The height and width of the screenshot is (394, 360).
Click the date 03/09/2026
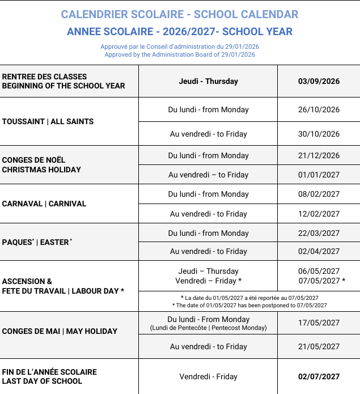[319, 81]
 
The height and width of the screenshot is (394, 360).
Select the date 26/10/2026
[319, 109]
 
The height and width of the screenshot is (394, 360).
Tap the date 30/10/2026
[319, 134]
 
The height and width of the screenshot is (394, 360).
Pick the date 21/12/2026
[319, 155]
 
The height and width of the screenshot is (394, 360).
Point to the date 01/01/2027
[319, 175]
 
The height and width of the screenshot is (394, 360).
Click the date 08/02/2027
[319, 194]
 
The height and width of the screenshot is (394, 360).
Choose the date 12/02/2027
[319, 214]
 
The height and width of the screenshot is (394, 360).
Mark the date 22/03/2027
[319, 233]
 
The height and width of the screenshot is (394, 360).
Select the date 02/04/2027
[319, 251]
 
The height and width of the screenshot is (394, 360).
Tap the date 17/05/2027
[319, 323]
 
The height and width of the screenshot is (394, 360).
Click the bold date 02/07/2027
[319, 376]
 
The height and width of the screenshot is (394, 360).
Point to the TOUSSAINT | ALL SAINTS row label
[48, 121]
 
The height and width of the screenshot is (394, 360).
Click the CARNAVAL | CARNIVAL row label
[44, 204]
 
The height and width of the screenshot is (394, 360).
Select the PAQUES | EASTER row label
[37, 242]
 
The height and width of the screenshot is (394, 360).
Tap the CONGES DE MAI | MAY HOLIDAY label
[60, 331]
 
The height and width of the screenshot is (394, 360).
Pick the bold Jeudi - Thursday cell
[208, 81]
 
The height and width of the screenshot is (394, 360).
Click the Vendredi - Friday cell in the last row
[208, 376]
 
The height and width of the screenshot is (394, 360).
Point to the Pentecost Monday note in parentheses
[208, 328]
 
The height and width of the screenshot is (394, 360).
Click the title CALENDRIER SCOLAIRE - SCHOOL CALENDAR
[180, 15]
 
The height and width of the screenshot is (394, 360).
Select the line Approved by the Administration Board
[180, 55]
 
